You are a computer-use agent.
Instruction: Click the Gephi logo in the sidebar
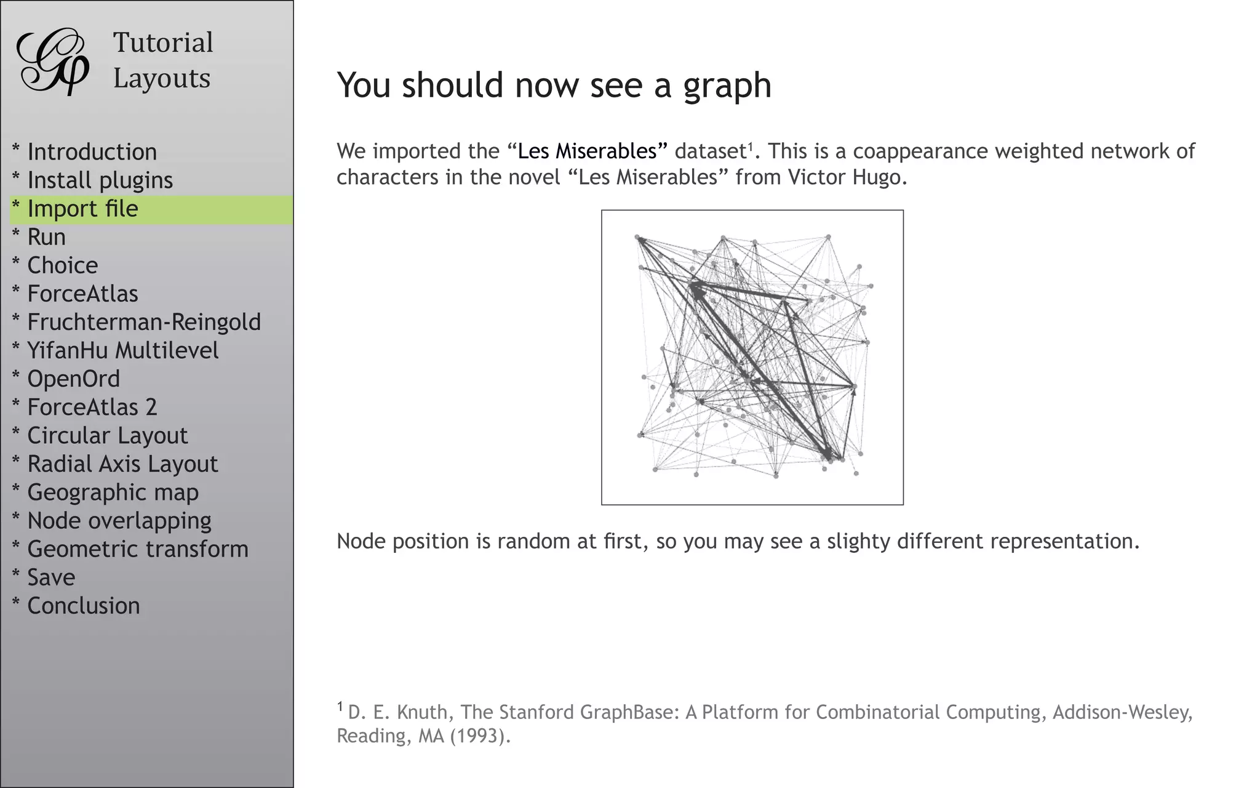pos(53,61)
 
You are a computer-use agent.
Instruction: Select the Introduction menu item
pos(92,152)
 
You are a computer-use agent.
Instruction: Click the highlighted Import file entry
pos(82,209)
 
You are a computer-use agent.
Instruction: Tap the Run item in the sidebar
pos(46,237)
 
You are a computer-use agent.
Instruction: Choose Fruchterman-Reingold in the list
pos(144,322)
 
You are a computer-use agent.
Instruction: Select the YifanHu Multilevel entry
pos(122,350)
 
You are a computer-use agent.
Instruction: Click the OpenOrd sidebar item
pos(73,379)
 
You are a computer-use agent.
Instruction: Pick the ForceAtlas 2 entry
pos(92,407)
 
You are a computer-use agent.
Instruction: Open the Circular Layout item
pos(107,435)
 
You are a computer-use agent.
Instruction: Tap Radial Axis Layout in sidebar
pos(122,464)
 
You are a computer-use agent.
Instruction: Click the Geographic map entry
pos(113,492)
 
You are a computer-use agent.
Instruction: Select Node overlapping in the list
pos(119,520)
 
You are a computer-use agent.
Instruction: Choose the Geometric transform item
pos(137,549)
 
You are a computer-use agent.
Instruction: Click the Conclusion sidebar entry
pos(83,606)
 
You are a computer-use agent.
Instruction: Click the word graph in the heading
pos(727,86)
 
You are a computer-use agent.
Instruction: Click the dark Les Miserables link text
pos(587,151)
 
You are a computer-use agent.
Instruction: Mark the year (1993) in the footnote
pos(479,736)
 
